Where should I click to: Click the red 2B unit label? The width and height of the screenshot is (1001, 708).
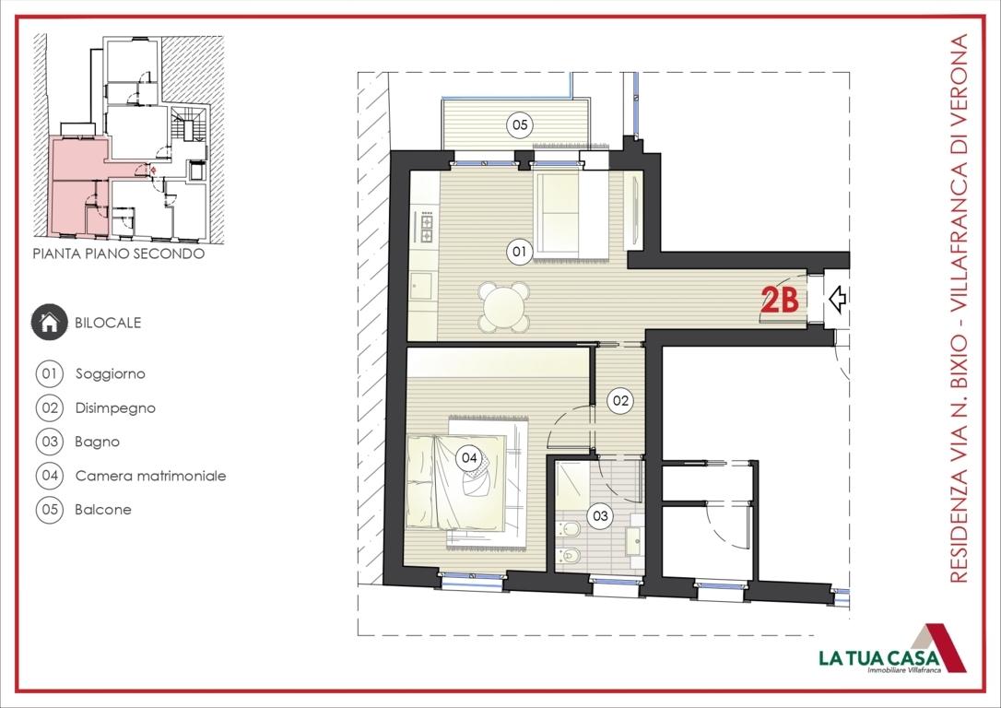779,301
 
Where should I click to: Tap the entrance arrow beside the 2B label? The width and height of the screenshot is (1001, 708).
838,299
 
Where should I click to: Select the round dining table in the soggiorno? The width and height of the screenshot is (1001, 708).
504,306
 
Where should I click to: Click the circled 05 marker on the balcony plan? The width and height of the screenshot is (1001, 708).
520,124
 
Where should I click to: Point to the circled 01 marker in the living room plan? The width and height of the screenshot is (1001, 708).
519,250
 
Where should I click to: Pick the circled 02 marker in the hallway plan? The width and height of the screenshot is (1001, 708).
620,400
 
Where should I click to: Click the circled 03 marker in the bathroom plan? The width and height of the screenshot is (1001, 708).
601,516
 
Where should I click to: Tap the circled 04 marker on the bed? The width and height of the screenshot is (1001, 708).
468,456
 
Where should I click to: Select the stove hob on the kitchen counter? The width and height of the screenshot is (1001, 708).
427,224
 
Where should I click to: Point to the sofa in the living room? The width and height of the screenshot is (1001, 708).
570,215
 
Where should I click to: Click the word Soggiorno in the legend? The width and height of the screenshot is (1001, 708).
111,374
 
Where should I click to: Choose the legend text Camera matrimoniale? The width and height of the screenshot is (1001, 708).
150,476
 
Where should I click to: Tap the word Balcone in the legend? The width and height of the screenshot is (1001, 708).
103,509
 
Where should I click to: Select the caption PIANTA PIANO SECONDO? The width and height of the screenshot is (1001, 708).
118,254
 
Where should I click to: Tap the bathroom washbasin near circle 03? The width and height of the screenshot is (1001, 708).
633,536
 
